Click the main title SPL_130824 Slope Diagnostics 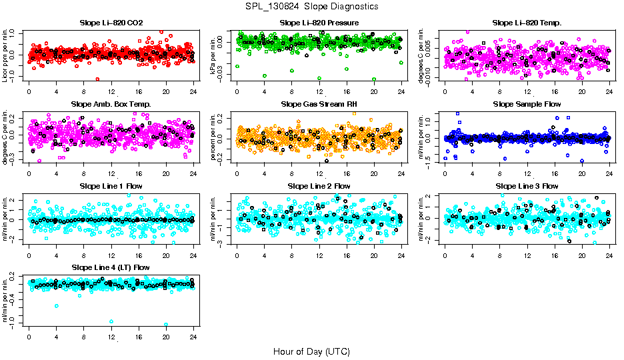click(x=311, y=7)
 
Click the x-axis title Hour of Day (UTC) click(x=311, y=351)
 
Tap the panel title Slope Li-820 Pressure click(x=319, y=23)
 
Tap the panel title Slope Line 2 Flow click(x=319, y=186)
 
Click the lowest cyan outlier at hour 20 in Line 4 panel click(x=166, y=325)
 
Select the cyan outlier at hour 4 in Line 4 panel click(x=57, y=306)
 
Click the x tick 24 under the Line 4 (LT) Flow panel click(x=193, y=337)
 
